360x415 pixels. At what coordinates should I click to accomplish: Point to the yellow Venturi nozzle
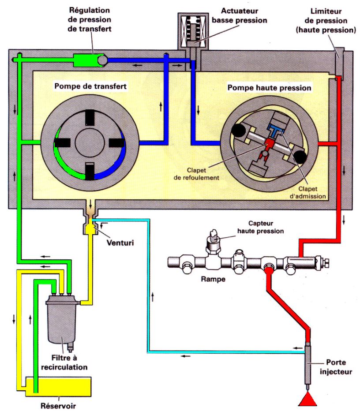tap(90, 228)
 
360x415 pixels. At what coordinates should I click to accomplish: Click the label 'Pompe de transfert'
tap(90, 86)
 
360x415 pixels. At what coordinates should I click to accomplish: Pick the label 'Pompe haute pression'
tap(269, 88)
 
